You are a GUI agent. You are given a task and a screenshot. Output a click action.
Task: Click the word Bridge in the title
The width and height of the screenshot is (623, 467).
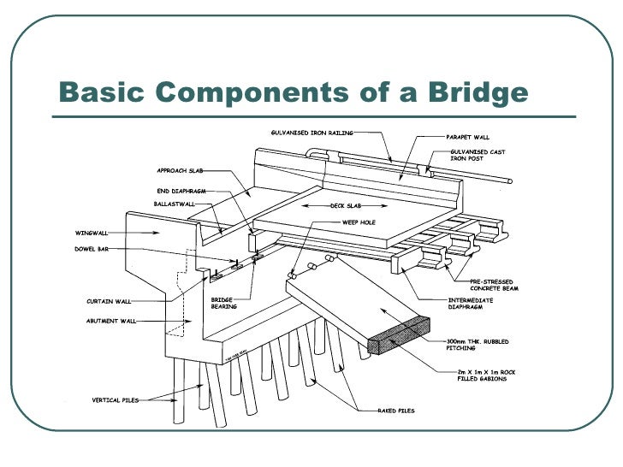click(475, 91)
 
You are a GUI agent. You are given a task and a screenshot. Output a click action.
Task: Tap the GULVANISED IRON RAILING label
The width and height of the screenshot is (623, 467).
click(311, 133)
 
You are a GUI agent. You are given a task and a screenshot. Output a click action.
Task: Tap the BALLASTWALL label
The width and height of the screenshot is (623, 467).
click(175, 204)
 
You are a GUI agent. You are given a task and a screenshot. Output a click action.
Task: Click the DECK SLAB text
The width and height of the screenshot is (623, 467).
click(347, 206)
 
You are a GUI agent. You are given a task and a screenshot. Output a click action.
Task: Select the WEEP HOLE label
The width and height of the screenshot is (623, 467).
click(359, 222)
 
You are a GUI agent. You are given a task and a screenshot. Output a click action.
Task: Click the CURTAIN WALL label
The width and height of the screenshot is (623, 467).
click(109, 301)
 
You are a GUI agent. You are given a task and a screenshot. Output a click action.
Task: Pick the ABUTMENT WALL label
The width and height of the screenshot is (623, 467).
click(111, 321)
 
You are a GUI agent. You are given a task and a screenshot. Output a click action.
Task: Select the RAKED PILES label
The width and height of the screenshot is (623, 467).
click(397, 411)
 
